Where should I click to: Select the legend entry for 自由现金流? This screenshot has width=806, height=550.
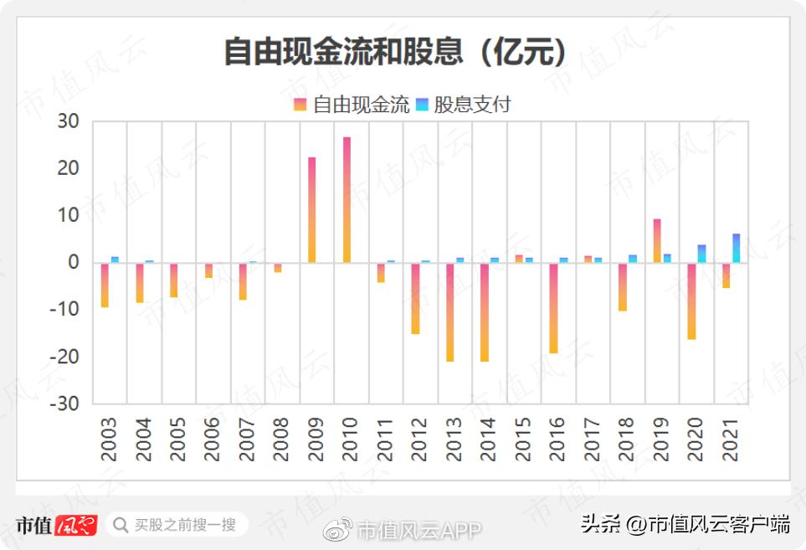coord(352,105)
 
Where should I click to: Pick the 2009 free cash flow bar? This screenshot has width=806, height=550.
coord(312,209)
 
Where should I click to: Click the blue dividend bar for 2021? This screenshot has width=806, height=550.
coord(737,248)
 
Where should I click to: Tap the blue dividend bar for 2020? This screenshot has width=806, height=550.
coord(701,254)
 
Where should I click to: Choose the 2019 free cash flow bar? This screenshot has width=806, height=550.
coord(658,240)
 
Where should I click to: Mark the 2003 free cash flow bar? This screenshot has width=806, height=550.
coord(105,285)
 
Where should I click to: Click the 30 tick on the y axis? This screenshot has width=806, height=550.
coord(68,122)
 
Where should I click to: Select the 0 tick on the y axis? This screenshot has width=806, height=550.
coord(73,263)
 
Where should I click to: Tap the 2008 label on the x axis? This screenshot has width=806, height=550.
coord(280,439)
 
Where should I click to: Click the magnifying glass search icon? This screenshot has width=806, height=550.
coord(121,525)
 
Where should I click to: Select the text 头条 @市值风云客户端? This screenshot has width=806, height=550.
coord(685,525)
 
